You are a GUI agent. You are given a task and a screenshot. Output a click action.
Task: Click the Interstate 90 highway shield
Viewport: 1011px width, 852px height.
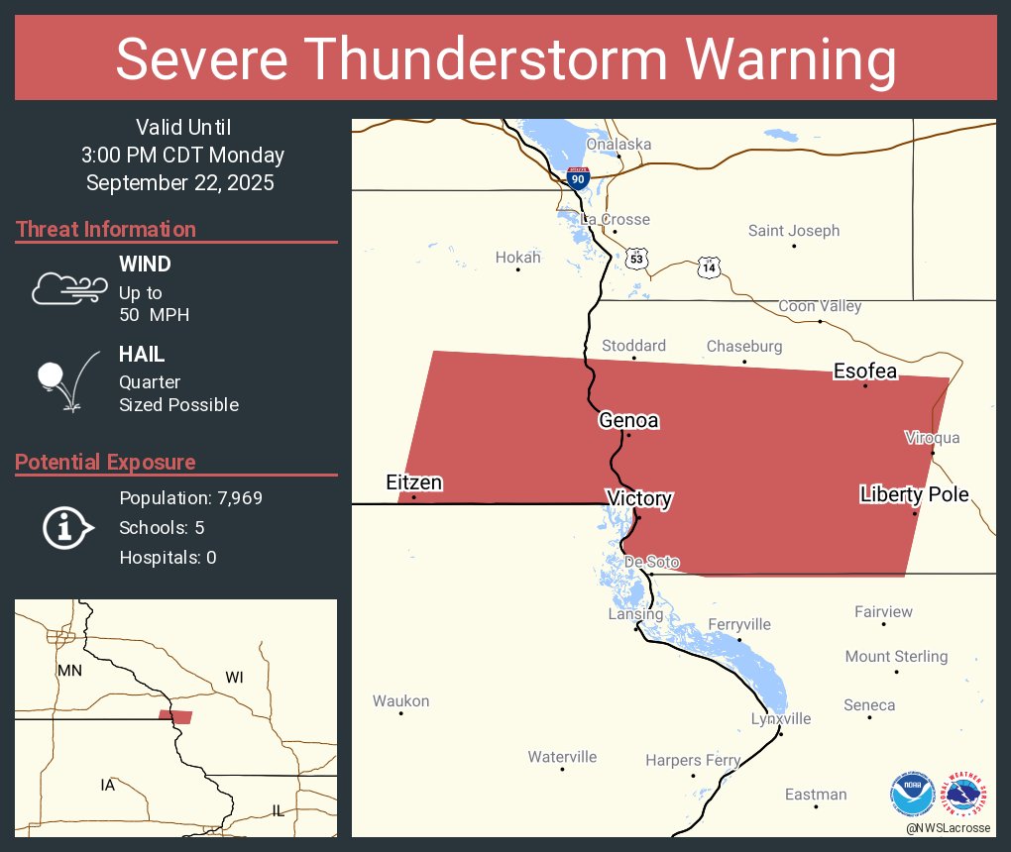pyautogui.click(x=579, y=178)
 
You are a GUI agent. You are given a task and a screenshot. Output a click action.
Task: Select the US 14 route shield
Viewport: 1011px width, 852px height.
pyautogui.click(x=708, y=267)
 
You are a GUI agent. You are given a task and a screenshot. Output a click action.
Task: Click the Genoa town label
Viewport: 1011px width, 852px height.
pyautogui.click(x=628, y=421)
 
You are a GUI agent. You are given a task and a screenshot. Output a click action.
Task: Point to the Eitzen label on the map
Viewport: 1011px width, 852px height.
pyautogui.click(x=413, y=483)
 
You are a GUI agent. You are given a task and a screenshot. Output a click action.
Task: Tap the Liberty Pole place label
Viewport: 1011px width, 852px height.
pyautogui.click(x=914, y=494)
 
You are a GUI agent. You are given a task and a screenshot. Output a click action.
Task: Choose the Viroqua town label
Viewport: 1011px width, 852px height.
pyautogui.click(x=932, y=438)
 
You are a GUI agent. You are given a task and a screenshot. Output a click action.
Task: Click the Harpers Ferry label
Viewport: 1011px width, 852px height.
pyautogui.click(x=693, y=761)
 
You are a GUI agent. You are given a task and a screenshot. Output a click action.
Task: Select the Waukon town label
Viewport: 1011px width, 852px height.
pyautogui.click(x=400, y=701)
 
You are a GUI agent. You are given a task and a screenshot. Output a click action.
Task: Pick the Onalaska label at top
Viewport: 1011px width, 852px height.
pyautogui.click(x=618, y=145)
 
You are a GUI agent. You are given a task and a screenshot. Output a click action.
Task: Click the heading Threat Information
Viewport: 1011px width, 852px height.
pyautogui.click(x=106, y=230)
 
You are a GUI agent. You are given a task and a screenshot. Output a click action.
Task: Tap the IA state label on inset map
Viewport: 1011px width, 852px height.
pyautogui.click(x=107, y=786)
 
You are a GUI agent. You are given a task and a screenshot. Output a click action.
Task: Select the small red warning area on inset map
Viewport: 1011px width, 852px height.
pyautogui.click(x=176, y=716)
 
